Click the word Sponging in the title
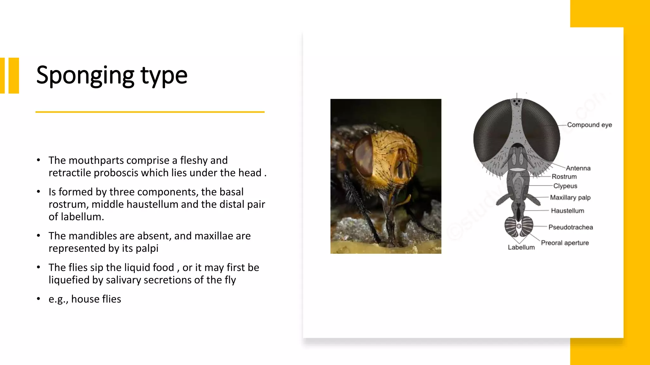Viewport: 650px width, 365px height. pos(85,75)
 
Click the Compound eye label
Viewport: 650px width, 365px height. pos(589,125)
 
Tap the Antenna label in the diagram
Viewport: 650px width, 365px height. pos(578,168)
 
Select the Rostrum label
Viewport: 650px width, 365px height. pos(564,177)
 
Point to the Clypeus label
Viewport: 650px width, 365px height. pos(565,186)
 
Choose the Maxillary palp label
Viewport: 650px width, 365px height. pos(570,198)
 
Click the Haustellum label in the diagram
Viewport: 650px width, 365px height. pos(567,211)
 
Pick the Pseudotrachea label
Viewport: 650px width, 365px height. pos(570,227)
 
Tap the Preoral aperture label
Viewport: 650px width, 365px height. pos(565,243)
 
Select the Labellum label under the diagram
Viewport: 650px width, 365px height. pos(521,247)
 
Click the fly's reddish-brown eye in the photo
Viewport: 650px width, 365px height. pos(364,155)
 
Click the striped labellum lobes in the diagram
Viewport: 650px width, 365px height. pos(519,227)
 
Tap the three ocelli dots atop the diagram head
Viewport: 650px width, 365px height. pos(517,102)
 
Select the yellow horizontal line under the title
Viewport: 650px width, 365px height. pos(150,112)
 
